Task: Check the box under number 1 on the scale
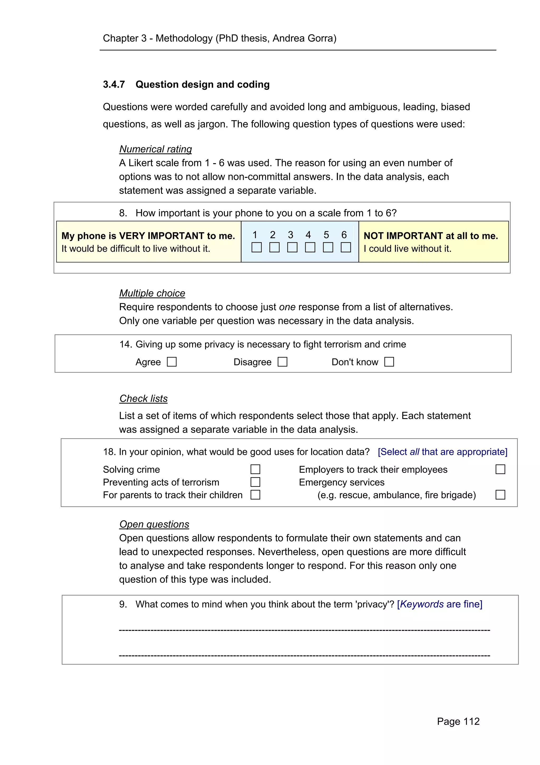pos(257,247)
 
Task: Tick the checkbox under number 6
pos(346,247)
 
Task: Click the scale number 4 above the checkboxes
pos(308,235)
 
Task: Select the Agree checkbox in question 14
pos(172,362)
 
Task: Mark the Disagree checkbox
pos(282,362)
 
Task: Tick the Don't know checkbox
pos(389,362)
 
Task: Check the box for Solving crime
pos(255,469)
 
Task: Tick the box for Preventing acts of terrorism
pos(255,482)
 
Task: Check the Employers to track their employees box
pos(500,469)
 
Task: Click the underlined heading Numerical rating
pos(155,149)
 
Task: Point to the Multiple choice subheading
pos(152,293)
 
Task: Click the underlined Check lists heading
pos(143,399)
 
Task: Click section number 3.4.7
pos(114,85)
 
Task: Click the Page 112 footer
pos(458,721)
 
